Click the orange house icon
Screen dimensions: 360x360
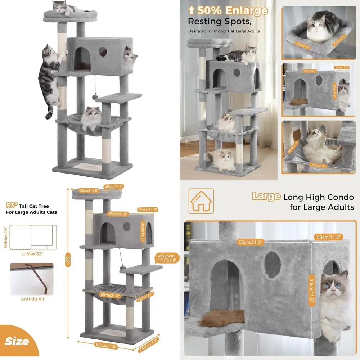tap(201, 201)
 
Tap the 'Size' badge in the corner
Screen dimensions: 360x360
tap(17, 341)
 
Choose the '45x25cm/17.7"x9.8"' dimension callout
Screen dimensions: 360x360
tap(167, 258)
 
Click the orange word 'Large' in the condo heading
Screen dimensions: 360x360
tap(266, 197)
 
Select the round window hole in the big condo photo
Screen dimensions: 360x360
tap(273, 264)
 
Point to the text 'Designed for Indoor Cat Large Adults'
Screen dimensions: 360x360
tap(224, 31)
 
